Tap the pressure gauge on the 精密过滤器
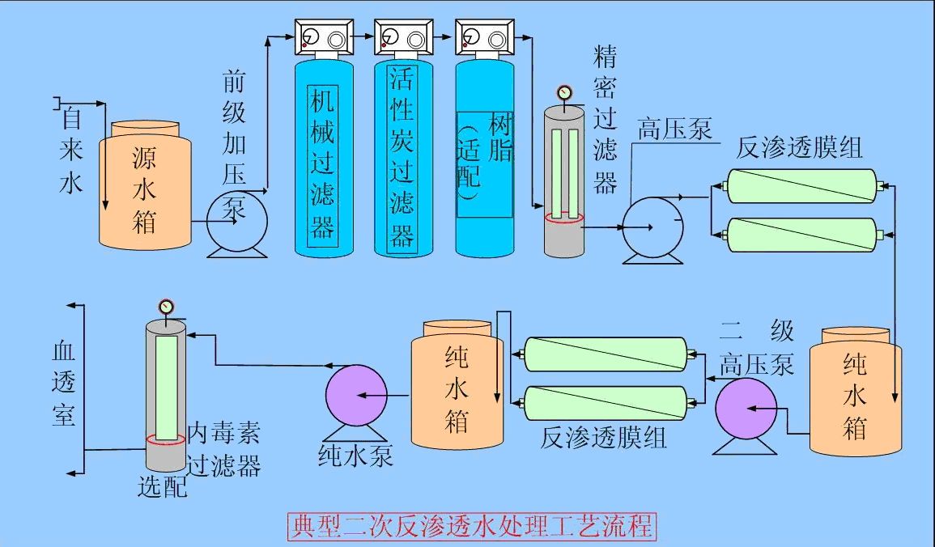[x=564, y=92]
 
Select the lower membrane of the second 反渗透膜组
[x=606, y=402]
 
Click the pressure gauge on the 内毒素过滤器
[x=166, y=307]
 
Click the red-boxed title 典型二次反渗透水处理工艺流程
[x=471, y=527]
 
